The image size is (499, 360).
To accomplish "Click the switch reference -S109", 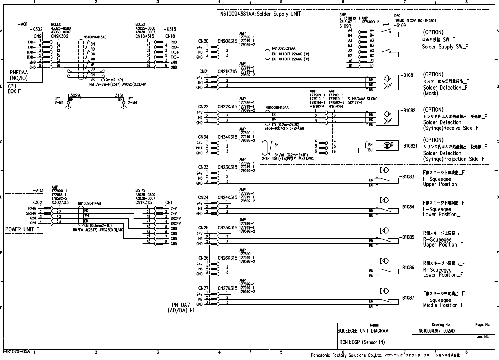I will coord(400,26).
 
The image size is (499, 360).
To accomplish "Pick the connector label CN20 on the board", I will coord(203,42).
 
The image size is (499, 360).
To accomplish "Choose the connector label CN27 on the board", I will coord(203,288).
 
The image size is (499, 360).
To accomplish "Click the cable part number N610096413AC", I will coord(95,37).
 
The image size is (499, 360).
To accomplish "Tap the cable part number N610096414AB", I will coord(89,204).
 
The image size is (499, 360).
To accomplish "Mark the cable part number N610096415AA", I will coord(277,107).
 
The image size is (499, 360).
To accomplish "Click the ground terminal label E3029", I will coord(74,95).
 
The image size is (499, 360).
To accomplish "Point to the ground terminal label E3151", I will coord(118,95).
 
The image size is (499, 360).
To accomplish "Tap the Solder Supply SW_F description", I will coord(445,47).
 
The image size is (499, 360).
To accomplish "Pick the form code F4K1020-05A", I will coord(17,351).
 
